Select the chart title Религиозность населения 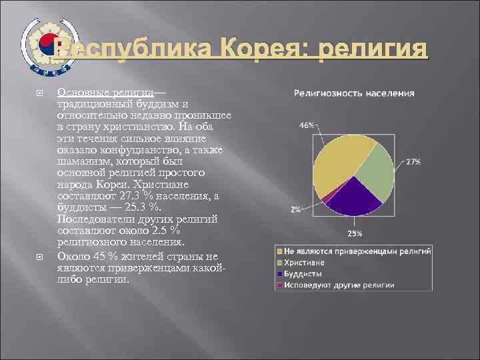click(354, 93)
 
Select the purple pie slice click(353, 197)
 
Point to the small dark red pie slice click(325, 197)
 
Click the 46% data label click(307, 125)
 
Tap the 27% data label click(413, 162)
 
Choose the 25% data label click(355, 233)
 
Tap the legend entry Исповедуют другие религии click(339, 285)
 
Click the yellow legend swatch click(279, 251)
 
